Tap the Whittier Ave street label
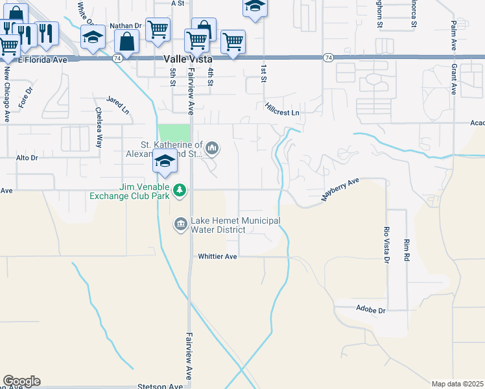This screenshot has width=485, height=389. point(217,257)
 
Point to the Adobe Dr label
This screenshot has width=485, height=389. point(371,310)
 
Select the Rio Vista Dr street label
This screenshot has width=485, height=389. point(386,244)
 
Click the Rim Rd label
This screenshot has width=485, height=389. point(407,249)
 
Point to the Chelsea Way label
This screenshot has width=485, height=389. point(99,127)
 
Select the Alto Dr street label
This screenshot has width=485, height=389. point(27,158)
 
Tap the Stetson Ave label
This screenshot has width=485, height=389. point(160,386)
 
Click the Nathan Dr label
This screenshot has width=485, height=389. point(125,26)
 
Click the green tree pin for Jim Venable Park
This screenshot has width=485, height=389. point(180,191)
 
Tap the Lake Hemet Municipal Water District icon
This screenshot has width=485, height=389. point(180,224)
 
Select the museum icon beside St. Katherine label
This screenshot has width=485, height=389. point(212,150)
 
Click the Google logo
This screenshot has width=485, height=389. point(21,381)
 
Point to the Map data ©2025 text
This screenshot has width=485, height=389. point(457,384)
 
